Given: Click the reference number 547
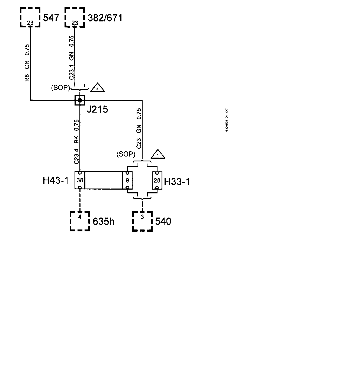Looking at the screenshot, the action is click(x=51, y=18).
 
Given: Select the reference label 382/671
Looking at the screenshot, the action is click(x=105, y=18).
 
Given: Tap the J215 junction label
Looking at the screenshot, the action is click(x=97, y=110).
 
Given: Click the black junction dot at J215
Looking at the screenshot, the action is click(x=80, y=100).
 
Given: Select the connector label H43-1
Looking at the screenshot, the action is click(x=56, y=180).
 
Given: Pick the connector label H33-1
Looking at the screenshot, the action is click(x=177, y=181).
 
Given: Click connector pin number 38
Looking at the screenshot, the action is click(x=80, y=180).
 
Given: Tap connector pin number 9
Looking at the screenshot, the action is click(x=127, y=180).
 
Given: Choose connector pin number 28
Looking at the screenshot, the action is click(x=157, y=180).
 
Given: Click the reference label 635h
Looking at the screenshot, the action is click(x=104, y=222).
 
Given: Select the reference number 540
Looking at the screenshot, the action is click(x=163, y=221).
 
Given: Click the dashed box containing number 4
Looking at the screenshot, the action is click(x=80, y=221).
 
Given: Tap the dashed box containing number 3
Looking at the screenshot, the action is click(x=142, y=221).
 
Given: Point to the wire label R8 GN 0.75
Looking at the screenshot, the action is click(x=27, y=63).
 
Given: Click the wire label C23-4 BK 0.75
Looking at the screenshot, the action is click(x=76, y=142).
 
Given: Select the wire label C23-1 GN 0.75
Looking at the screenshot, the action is click(x=72, y=58).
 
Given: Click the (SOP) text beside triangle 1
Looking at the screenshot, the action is click(x=126, y=154).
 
